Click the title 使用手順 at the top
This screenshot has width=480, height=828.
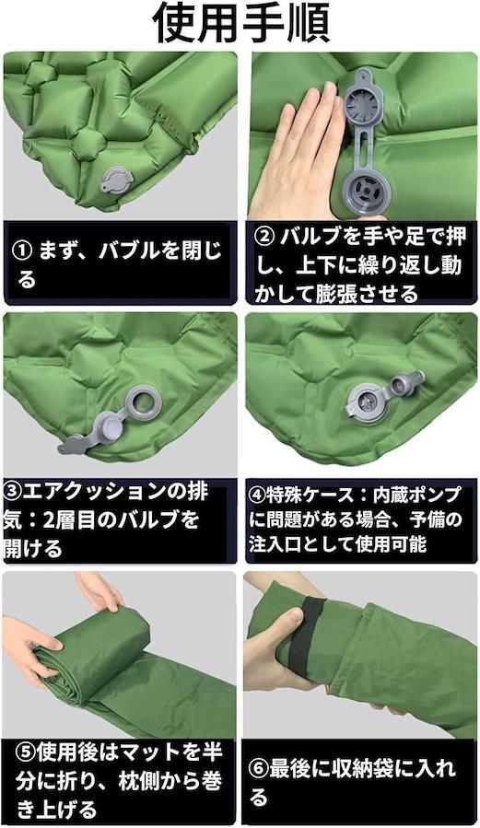click(241, 24)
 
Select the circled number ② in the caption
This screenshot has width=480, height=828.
click(264, 237)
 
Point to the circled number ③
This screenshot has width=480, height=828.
click(13, 492)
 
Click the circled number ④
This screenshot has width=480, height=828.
click(258, 496)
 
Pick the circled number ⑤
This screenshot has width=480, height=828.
click(27, 752)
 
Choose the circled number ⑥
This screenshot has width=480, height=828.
click(259, 769)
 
